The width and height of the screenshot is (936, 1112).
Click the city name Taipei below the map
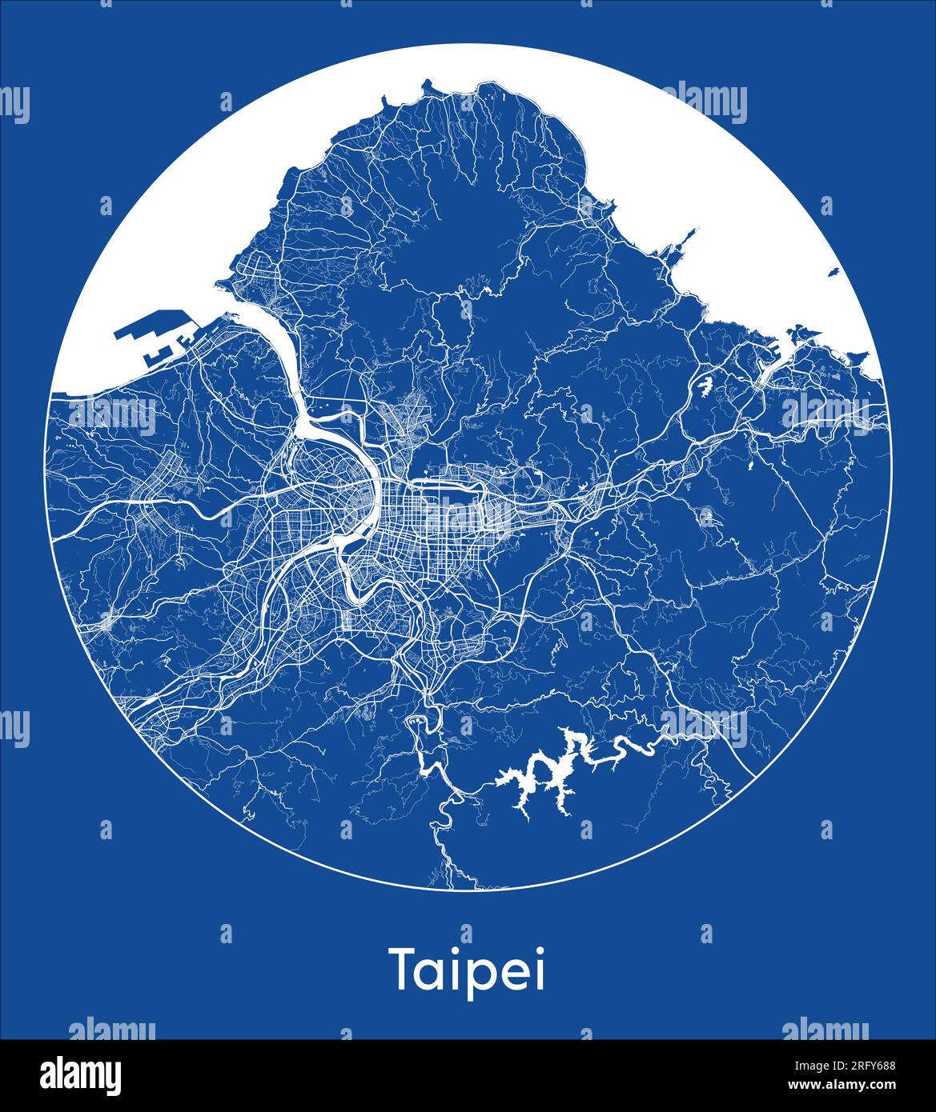pos(468,970)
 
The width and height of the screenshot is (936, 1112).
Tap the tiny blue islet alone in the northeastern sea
pos(833,273)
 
